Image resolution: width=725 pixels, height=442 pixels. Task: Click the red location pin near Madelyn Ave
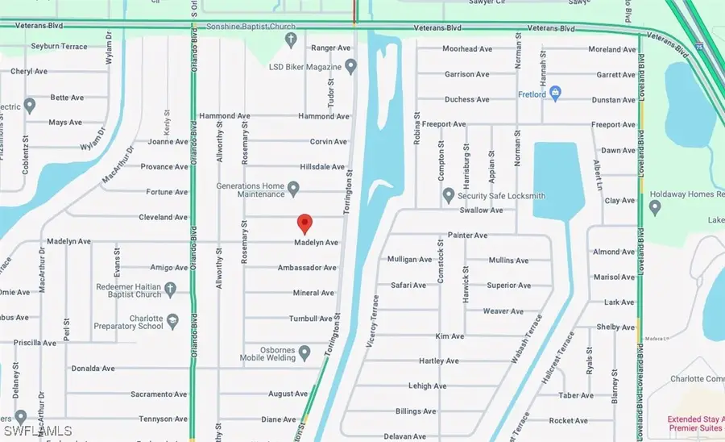(x=304, y=223)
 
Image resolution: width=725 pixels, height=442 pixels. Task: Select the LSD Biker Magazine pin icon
(x=350, y=65)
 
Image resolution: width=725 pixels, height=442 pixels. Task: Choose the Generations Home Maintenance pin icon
(x=294, y=190)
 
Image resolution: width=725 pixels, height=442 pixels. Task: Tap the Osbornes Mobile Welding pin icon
(x=305, y=352)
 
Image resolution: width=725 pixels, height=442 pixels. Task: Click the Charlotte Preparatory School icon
(x=172, y=321)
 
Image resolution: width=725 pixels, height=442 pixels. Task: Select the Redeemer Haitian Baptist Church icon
(x=170, y=288)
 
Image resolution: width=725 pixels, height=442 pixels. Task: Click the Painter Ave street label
(x=468, y=236)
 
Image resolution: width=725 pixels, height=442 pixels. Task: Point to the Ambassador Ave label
(x=306, y=268)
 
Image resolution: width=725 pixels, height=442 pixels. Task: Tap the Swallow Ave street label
(x=481, y=211)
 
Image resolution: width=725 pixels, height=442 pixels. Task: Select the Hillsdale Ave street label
(x=322, y=167)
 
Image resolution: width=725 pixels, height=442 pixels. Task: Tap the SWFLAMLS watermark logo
(x=37, y=431)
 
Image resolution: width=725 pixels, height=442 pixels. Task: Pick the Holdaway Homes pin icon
(x=654, y=207)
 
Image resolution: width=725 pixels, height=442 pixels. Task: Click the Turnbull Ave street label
(x=310, y=319)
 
